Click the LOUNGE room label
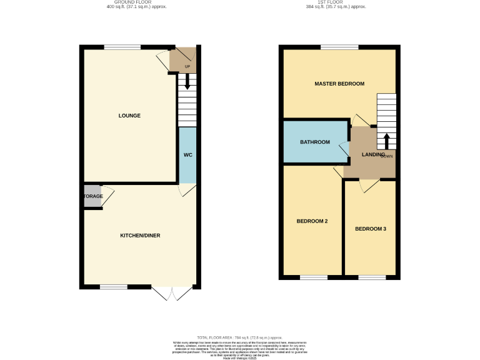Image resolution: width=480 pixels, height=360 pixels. coord(130,116)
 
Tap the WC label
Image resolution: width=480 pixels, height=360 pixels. coord(187,155)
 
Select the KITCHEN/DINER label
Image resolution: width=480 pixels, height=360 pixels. coord(140,236)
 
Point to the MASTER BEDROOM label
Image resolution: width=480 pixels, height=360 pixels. coord(339,84)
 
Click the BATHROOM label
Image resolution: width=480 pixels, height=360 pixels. coord(314,142)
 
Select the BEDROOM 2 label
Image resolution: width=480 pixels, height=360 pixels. coord(312,221)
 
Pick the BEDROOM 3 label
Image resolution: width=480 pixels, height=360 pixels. coord(371,229)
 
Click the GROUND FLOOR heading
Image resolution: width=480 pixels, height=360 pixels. coord(136,2)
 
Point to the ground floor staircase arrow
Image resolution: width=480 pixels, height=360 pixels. coord(187,82)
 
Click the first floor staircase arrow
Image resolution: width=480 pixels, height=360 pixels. coord(386,140)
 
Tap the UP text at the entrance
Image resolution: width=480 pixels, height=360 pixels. coord(187,67)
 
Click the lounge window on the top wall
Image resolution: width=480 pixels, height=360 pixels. coord(122,47)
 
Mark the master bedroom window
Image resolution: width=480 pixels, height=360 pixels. coord(339,47)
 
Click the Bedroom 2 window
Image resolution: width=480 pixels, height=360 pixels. coord(313,277)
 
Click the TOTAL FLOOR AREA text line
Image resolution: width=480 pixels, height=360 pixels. coord(239,337)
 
